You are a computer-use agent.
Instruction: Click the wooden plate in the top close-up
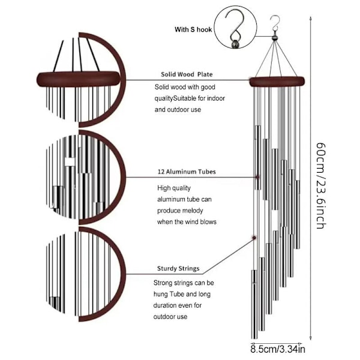click(x=78, y=77)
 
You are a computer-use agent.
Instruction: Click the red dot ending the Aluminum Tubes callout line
click(x=257, y=178)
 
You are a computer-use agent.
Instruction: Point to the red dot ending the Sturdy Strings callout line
click(x=253, y=238)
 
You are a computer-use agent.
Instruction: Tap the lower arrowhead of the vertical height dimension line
click(x=310, y=339)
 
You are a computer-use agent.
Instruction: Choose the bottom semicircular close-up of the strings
click(x=84, y=273)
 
